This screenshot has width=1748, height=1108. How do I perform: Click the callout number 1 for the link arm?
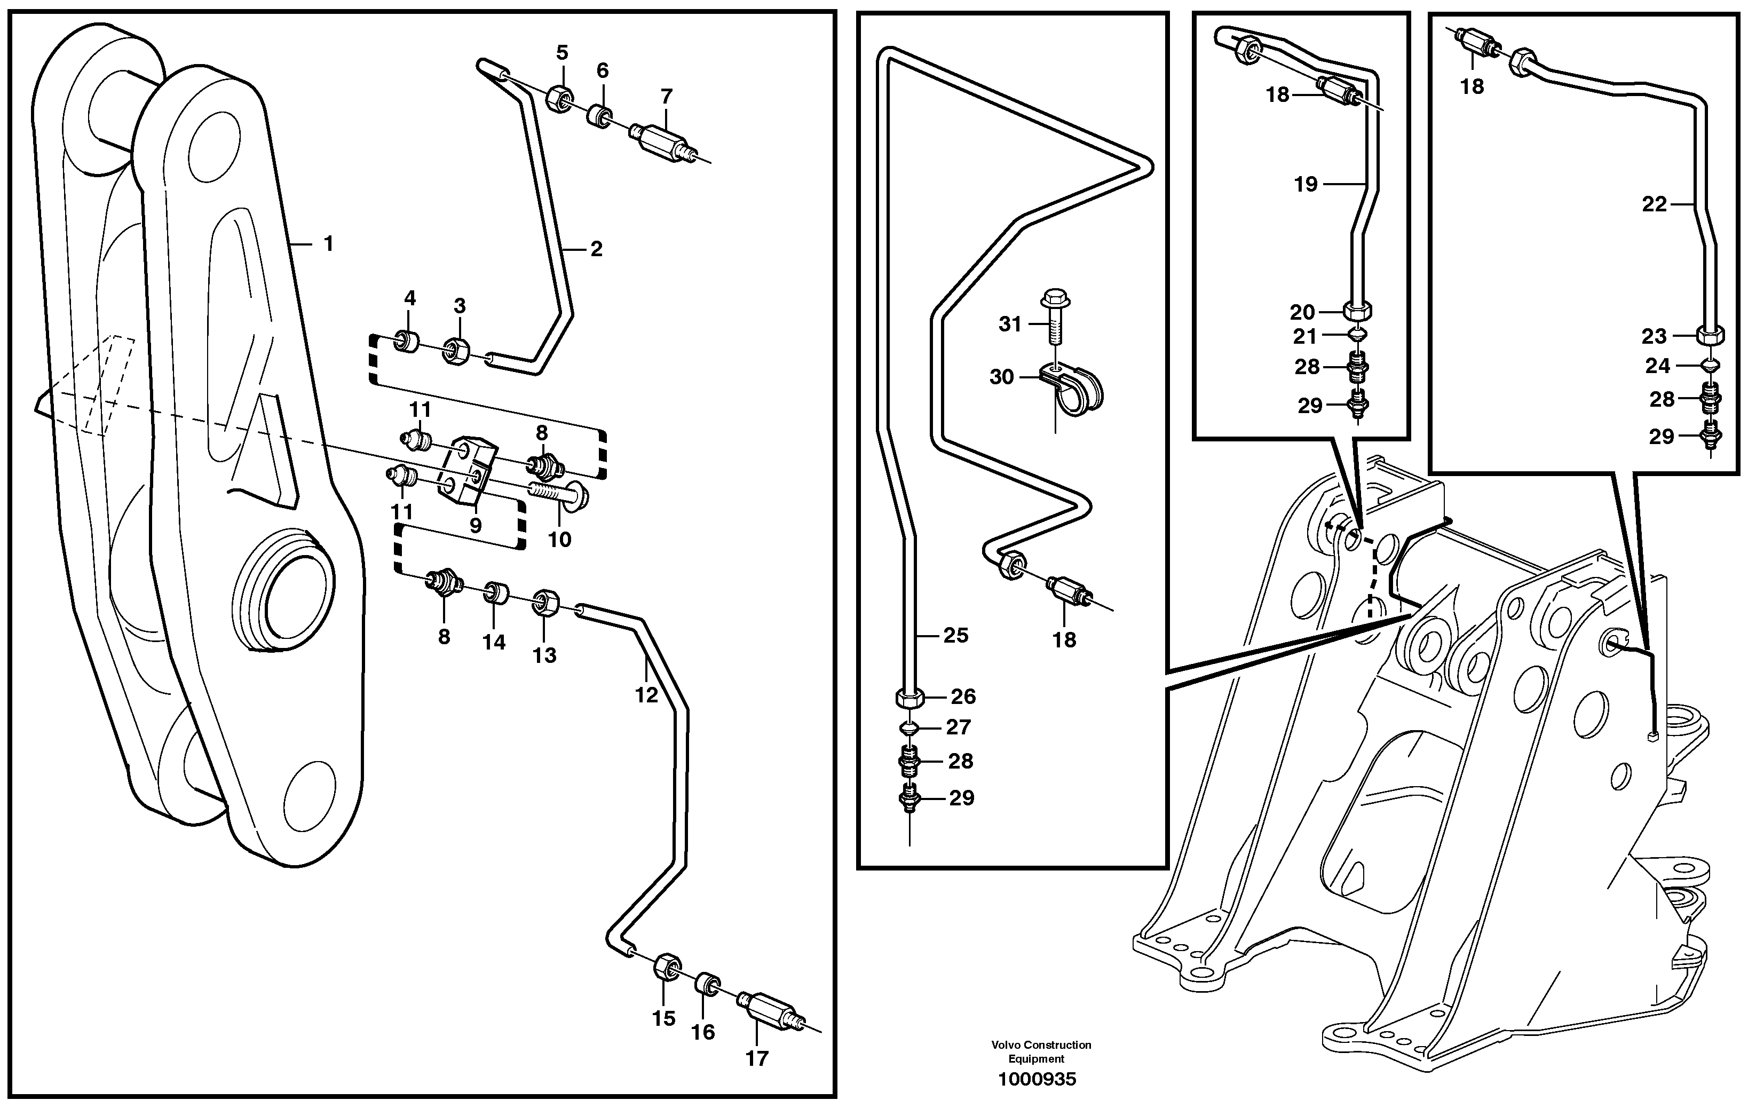[328, 244]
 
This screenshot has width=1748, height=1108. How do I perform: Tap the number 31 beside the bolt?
[1010, 325]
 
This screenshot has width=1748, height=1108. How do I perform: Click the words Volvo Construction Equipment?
[1041, 1051]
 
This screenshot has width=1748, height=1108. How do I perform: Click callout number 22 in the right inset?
[1655, 205]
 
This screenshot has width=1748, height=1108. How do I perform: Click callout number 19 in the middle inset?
[1305, 185]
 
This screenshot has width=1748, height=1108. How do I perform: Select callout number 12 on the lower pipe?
[646, 695]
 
